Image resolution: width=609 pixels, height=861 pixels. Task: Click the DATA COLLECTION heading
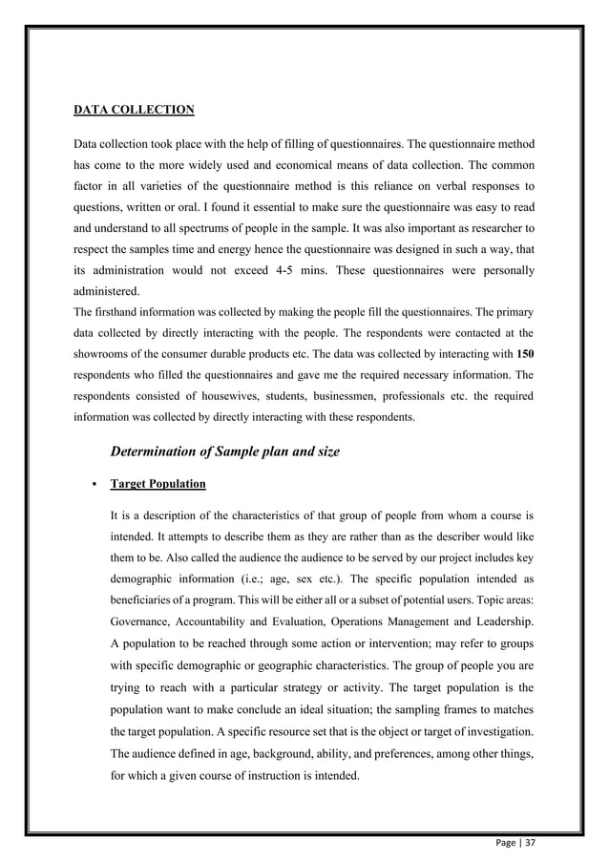(x=135, y=110)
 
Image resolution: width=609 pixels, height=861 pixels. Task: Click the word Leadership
(x=503, y=622)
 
